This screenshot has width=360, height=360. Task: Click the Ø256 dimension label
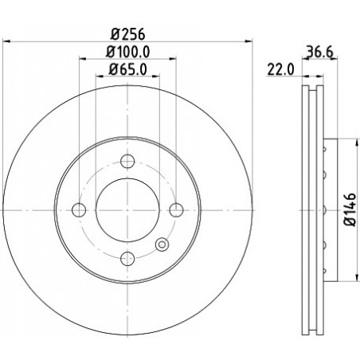pos(127,34)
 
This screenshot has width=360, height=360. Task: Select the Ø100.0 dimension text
pos(127,52)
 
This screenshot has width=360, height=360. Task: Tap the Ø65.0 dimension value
pos(127,69)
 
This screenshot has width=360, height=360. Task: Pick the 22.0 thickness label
pos(280,70)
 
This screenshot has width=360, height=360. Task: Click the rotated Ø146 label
pos(350,209)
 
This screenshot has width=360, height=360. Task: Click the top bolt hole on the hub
pos(127,161)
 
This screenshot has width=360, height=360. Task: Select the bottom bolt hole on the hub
pos(127,258)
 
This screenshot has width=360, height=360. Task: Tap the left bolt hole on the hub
pos(79,210)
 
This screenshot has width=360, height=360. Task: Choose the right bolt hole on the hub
pos(176,210)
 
